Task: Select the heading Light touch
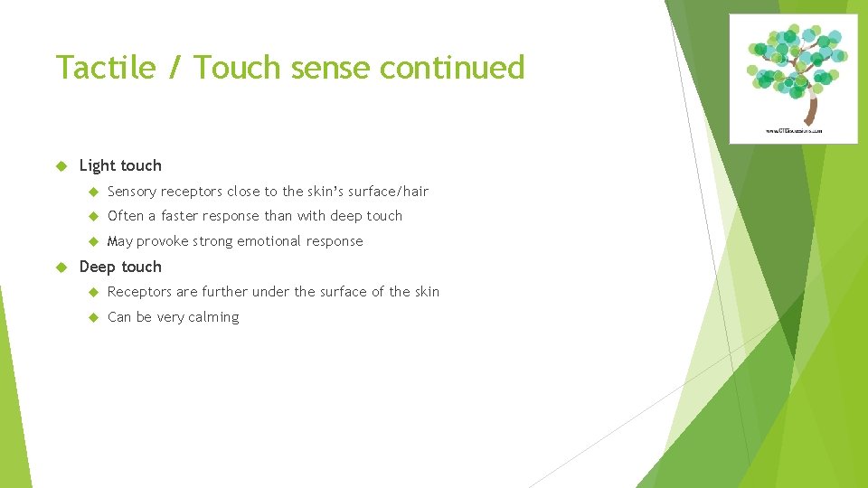click(x=120, y=165)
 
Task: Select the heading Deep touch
click(x=120, y=267)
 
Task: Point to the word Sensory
click(x=132, y=192)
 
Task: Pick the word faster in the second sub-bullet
click(x=179, y=216)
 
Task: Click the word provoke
click(x=162, y=241)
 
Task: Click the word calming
click(x=213, y=317)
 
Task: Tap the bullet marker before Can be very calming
click(x=92, y=317)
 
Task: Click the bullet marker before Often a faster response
click(x=92, y=216)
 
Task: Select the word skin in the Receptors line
click(x=427, y=292)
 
